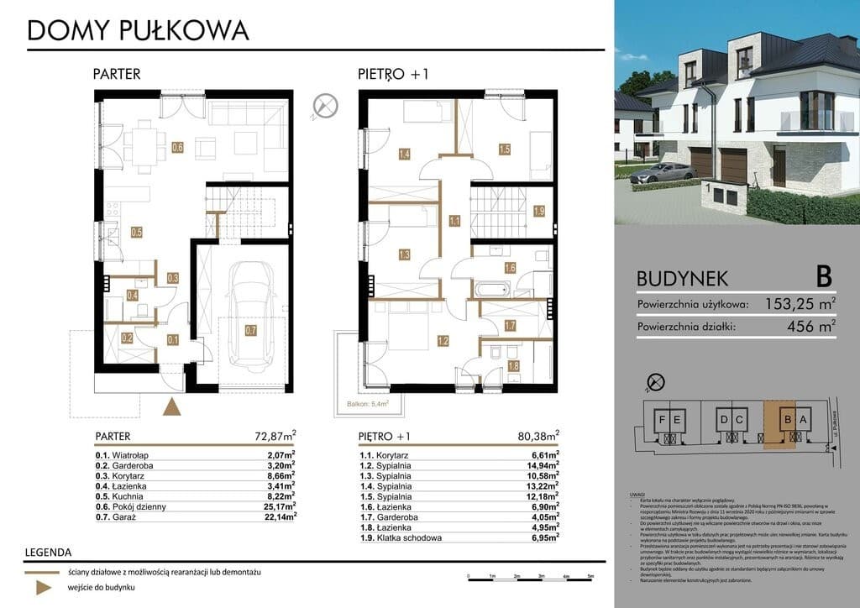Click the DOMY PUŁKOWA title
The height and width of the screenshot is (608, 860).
138,30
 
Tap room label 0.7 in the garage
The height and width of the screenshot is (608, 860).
251,331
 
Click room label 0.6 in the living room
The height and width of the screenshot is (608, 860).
177,148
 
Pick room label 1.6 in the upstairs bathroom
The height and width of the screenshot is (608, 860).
509,268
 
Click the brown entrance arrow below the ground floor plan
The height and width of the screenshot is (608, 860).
172,407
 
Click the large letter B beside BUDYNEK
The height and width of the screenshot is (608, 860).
823,275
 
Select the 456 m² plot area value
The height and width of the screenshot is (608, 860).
812,327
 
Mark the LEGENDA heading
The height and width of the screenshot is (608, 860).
48,553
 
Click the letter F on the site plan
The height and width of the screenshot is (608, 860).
663,418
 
